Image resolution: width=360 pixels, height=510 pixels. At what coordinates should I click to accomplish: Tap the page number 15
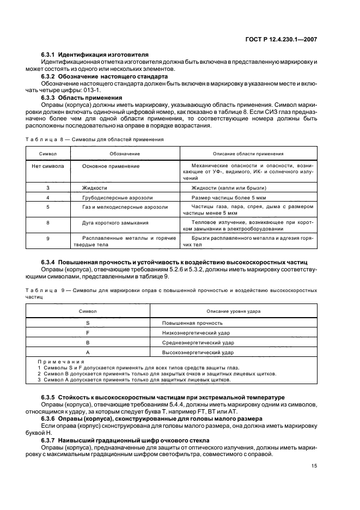(314, 466)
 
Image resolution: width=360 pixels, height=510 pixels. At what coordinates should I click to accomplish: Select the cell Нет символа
(48, 165)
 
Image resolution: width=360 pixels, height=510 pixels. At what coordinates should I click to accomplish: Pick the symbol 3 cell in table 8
(48, 187)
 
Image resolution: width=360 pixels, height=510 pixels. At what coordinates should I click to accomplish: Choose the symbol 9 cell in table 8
(48, 239)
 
